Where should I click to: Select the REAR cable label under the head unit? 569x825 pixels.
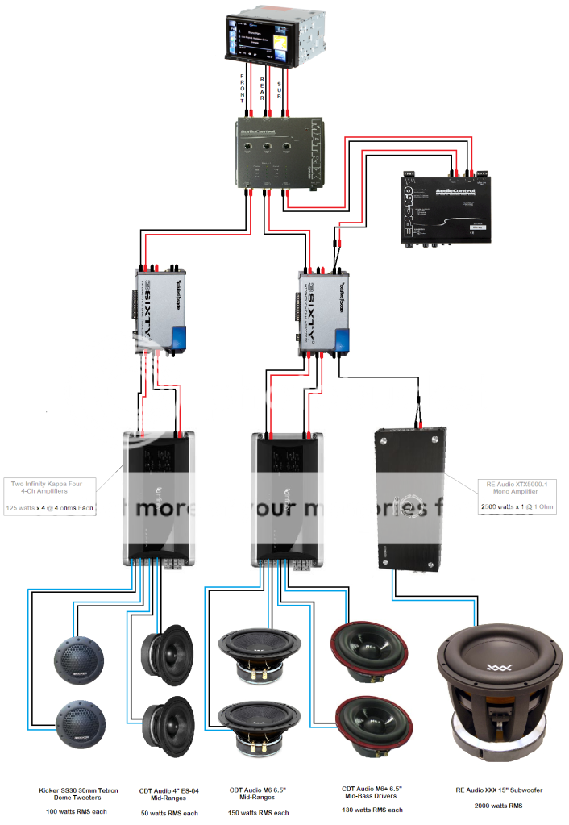click(263, 90)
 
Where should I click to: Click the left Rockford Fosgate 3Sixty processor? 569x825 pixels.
click(160, 310)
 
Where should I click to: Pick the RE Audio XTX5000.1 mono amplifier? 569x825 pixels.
click(411, 500)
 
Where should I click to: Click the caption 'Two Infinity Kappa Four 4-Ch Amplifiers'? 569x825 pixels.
click(50, 488)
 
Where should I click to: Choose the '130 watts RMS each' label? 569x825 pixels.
click(372, 809)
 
